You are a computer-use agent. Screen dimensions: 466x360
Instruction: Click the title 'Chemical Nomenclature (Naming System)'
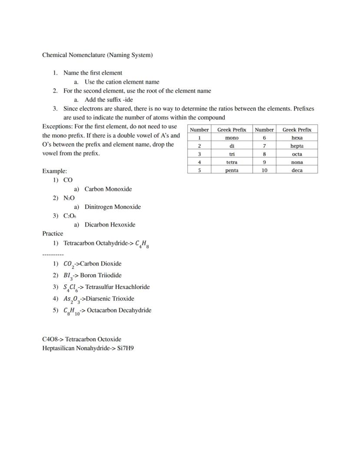pos(97,55)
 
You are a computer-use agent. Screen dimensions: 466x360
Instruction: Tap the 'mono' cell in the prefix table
pos(232,138)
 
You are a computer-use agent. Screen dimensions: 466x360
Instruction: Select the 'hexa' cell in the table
pos(297,138)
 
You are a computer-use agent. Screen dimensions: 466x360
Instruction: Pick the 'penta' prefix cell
pos(232,171)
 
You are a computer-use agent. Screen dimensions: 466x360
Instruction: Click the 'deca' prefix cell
pos(297,171)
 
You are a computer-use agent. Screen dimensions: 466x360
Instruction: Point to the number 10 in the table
pos(264,171)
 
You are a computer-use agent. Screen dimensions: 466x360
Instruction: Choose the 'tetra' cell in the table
pos(232,162)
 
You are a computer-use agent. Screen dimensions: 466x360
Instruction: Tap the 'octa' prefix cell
pos(297,154)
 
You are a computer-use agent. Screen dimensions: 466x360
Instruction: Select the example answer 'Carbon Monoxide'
pos(108,189)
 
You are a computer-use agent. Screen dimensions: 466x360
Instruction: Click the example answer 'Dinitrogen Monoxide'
pos(113,207)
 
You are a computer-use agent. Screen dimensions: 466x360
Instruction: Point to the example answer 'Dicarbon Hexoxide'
pos(110,225)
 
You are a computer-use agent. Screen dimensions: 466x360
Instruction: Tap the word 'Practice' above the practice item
pos(53,234)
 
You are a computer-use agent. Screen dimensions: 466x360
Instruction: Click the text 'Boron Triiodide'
pos(101,275)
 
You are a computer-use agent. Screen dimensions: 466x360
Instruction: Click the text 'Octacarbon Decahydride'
pos(119,311)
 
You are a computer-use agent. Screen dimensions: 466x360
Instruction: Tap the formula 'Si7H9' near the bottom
pos(125,349)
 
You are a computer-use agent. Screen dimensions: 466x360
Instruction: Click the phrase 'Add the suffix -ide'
pos(109,100)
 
